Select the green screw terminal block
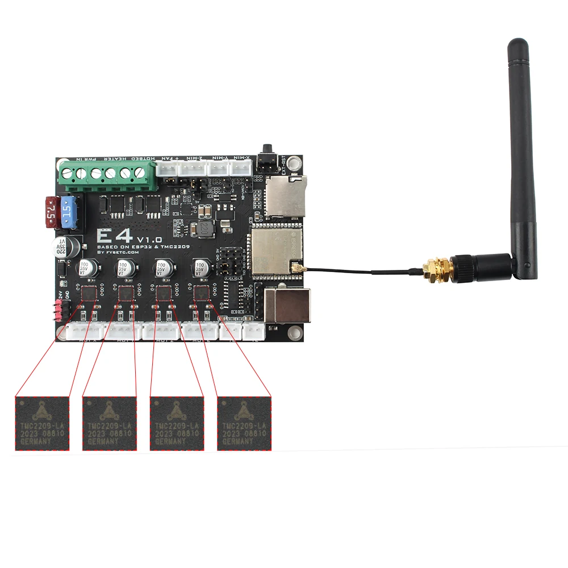tap(108, 174)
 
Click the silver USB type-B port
tap(287, 305)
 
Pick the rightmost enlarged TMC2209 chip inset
tap(244, 423)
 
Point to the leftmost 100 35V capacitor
tap(85, 268)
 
